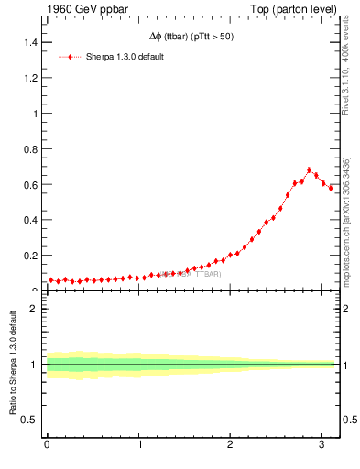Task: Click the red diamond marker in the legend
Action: pos(70,57)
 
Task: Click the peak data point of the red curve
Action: pos(310,169)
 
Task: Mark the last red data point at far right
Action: pos(331,188)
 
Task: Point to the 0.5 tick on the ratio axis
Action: pos(30,420)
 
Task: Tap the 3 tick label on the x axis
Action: pos(322,444)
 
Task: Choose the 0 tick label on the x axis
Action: pos(47,444)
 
